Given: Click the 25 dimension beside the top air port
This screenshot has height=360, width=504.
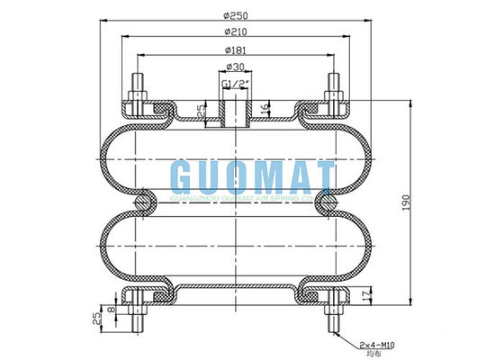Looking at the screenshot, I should coord(201,111).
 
